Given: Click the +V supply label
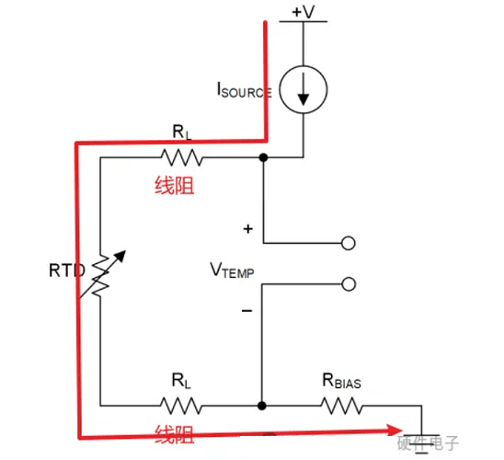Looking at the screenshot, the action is pos(304,12).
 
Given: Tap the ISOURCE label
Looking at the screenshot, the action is pos(245,90).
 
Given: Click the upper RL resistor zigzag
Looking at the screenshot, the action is pos(181,157).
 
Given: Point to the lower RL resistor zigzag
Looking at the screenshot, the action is pos(181,406).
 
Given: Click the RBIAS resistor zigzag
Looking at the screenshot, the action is pos(342,406).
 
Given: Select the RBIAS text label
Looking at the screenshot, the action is pos(342,381).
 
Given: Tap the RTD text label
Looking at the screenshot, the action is pos(67,270).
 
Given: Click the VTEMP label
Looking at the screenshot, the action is pos(232,270).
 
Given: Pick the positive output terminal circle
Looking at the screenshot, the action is pos(348,243).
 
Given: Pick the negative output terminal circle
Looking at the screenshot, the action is pos(349,284).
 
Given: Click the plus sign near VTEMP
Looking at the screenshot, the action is pos(247,229).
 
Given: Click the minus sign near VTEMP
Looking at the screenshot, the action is pos(246,311).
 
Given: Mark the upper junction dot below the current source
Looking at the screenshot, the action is pos(263,157).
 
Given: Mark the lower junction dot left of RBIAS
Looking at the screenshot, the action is pos(262,406).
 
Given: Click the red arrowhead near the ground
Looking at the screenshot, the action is pos(395,431).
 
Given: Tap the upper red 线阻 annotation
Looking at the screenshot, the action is pos(175,186).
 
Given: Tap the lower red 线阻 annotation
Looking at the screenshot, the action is pos(175,434).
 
